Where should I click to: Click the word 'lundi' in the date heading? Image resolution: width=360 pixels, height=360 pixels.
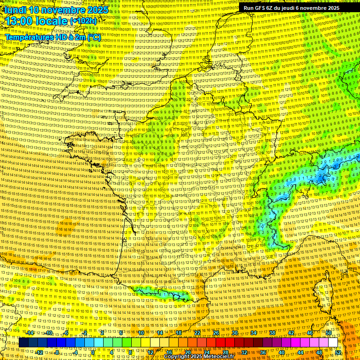pyautogui.click(x=15, y=10)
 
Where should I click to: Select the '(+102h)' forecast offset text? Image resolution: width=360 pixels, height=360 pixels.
pyautogui.click(x=83, y=21)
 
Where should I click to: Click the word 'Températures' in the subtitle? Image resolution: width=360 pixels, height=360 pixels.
pyautogui.click(x=29, y=37)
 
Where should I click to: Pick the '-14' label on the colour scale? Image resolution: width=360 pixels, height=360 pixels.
pyautogui.click(x=30, y=333)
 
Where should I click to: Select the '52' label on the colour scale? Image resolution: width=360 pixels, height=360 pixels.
pyautogui.click(x=338, y=352)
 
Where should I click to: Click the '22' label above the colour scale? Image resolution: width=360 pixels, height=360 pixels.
pyautogui.click(x=197, y=333)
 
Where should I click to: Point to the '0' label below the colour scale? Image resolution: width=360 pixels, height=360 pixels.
pyautogui.click(x=93, y=352)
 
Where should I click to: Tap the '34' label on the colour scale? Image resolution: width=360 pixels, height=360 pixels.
pyautogui.click(x=254, y=333)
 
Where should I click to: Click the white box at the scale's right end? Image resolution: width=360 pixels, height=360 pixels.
pyautogui.click(x=333, y=343)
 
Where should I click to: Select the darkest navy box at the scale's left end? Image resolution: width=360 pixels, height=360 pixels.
pyautogui.click(x=23, y=343)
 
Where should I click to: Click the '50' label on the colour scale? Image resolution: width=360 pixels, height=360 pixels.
pyautogui.click(x=329, y=333)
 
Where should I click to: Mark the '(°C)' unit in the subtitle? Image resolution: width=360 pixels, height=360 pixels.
pyautogui.click(x=94, y=37)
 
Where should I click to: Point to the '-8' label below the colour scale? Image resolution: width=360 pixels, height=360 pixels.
pyautogui.click(x=57, y=352)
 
